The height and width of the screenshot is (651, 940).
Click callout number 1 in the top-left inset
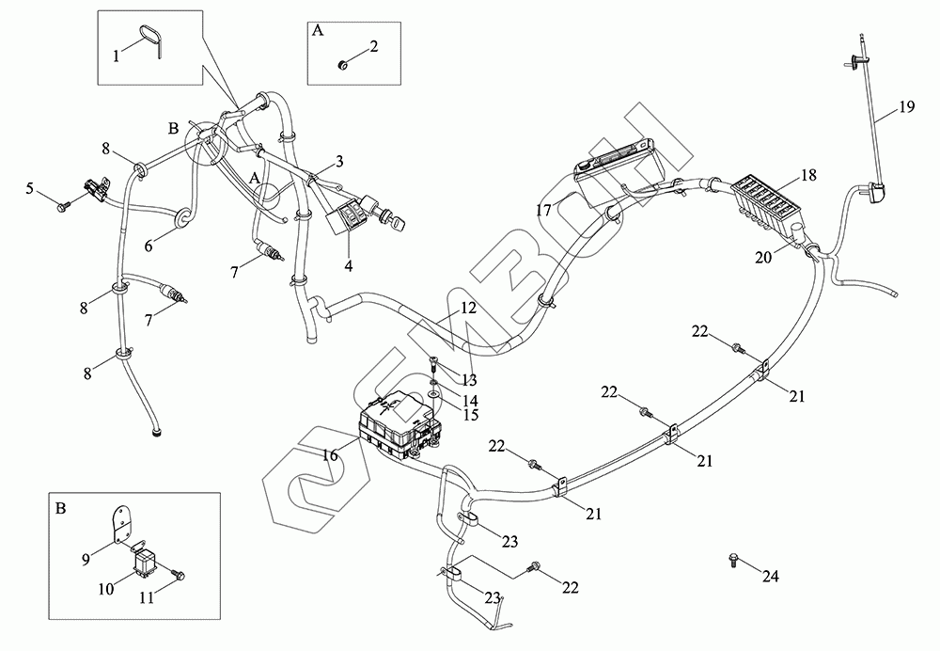coord(117,56)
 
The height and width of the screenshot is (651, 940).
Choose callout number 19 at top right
coord(905,106)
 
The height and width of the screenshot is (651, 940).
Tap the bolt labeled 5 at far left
coord(61,202)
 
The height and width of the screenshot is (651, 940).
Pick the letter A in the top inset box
coord(317,31)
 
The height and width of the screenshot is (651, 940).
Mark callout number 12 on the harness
coord(468,308)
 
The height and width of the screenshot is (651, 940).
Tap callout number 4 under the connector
coord(348,266)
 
